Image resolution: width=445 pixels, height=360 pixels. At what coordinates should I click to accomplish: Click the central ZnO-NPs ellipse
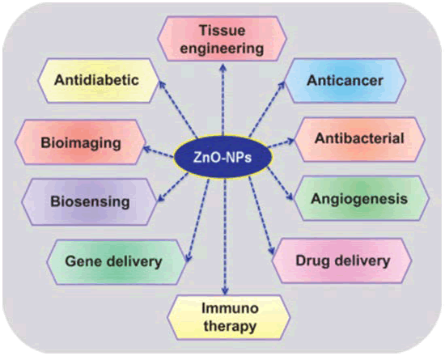[222, 157]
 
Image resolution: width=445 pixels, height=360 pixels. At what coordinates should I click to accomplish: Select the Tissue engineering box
[222, 39]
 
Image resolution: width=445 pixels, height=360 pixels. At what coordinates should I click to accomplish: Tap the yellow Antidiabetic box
[98, 80]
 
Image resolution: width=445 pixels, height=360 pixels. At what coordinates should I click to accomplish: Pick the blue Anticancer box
[345, 80]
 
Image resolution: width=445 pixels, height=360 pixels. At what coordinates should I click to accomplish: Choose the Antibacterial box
[359, 139]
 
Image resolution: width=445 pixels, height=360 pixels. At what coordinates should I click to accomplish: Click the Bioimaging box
[81, 142]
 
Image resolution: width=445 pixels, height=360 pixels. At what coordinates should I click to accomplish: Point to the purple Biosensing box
[90, 201]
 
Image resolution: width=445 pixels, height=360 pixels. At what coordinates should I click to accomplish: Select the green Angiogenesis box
[361, 198]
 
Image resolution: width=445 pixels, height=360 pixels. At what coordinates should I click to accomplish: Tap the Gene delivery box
[117, 261]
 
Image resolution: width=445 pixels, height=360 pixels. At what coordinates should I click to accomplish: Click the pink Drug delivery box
[342, 260]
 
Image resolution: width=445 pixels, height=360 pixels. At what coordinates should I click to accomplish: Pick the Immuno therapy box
[229, 317]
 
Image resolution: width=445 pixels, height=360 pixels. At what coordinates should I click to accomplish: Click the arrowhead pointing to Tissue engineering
[223, 67]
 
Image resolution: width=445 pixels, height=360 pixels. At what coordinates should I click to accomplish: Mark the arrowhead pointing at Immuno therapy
[225, 291]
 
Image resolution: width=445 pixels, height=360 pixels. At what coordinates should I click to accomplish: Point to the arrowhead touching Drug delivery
[271, 251]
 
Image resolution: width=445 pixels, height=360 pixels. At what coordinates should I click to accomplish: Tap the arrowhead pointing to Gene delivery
[189, 257]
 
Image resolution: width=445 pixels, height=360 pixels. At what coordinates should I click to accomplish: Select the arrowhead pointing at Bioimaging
[147, 148]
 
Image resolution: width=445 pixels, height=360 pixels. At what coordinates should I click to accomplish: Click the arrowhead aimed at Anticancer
[282, 85]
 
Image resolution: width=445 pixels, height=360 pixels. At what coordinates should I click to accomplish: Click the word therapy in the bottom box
[230, 326]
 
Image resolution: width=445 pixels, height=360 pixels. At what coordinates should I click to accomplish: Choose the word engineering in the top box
[222, 49]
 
